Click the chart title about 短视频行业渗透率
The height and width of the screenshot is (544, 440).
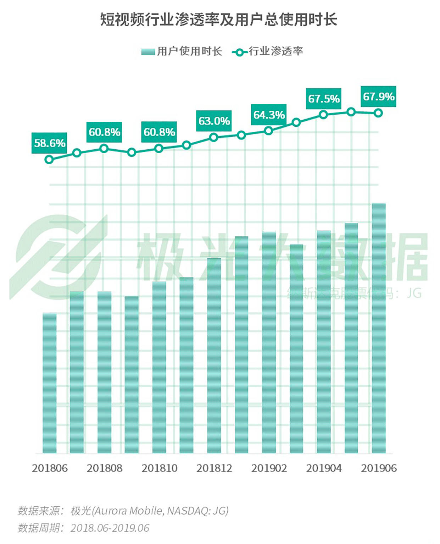(218, 20)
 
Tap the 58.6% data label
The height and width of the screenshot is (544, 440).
(49, 143)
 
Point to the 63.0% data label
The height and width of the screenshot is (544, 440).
(214, 121)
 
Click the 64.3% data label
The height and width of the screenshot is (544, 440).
(269, 115)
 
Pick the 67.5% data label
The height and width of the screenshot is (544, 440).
(324, 98)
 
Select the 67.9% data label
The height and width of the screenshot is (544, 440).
(379, 96)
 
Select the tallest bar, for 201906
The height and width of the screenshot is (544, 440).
(379, 328)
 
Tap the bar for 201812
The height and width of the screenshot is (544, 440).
(214, 356)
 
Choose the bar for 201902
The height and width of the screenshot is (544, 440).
(269, 342)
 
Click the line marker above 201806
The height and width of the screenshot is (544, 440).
(49, 159)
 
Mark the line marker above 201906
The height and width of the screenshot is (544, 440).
(378, 113)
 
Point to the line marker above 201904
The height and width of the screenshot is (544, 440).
(323, 114)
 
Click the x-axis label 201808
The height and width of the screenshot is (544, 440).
(105, 468)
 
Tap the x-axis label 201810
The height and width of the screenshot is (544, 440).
(159, 468)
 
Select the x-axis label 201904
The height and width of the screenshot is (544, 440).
(324, 468)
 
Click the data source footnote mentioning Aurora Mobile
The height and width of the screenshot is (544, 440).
(123, 511)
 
